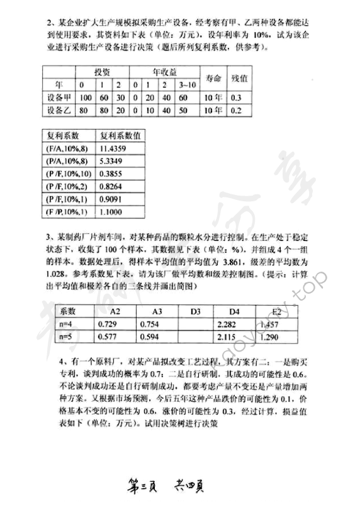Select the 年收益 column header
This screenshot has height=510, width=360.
coord(164,72)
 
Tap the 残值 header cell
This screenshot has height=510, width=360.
coord(238,77)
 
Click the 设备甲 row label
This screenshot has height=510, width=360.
coord(59,97)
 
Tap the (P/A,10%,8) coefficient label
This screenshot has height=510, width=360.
coord(65,160)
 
